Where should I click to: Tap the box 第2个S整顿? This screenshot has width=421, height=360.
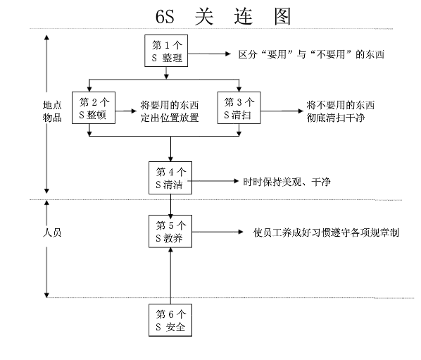click(x=94, y=110)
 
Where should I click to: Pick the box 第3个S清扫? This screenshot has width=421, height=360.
click(x=239, y=110)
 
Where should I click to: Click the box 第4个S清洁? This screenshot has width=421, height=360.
click(x=170, y=179)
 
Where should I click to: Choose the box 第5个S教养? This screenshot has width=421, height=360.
click(x=170, y=232)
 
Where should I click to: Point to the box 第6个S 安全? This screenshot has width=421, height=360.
click(x=170, y=321)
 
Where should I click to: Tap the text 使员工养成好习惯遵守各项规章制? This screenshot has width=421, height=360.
click(x=326, y=233)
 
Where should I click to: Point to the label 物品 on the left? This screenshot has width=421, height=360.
click(x=52, y=118)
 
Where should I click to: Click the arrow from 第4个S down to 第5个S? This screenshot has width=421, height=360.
click(x=170, y=205)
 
